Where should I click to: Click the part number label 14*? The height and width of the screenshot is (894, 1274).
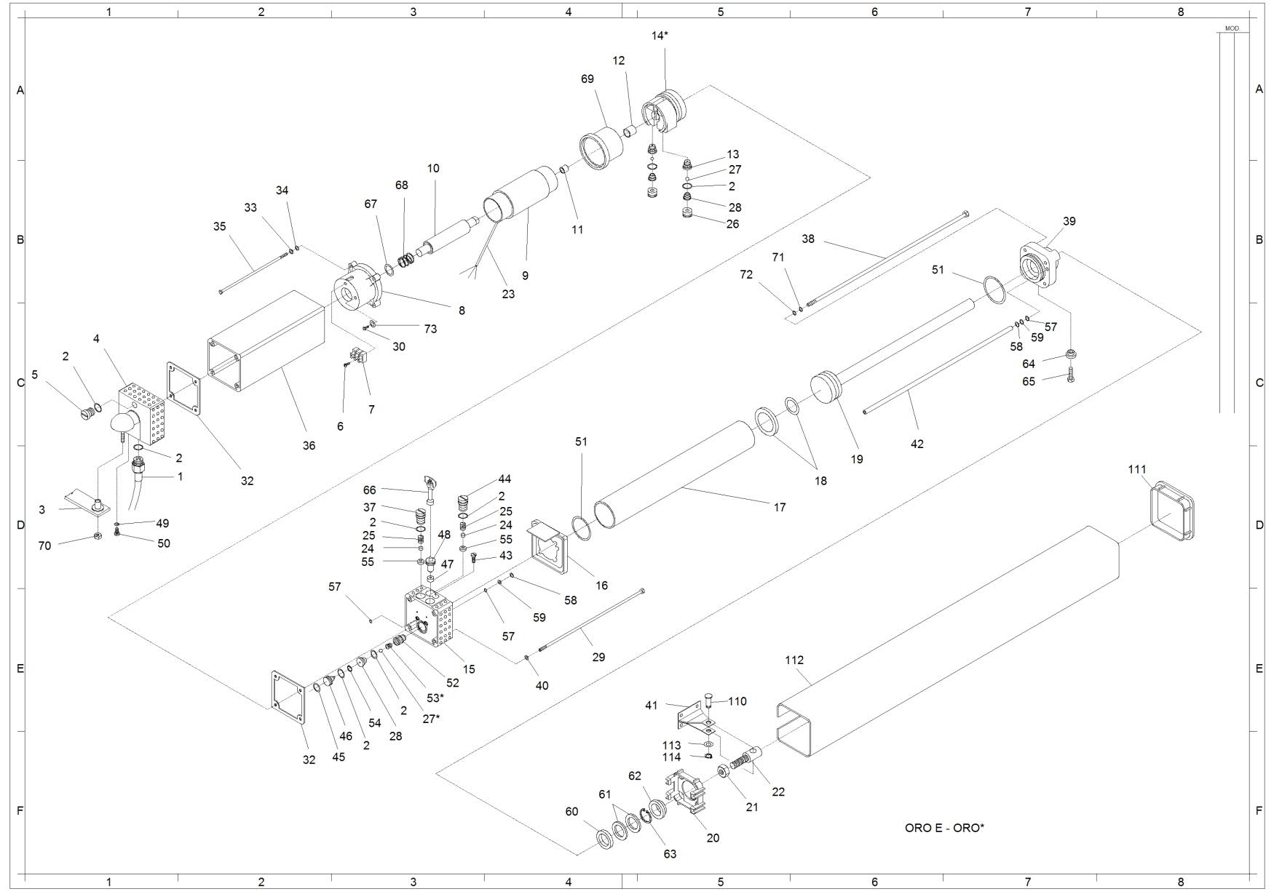point(659,35)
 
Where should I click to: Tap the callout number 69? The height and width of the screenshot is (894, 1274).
point(587,79)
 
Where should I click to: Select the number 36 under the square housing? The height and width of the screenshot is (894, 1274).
point(309,445)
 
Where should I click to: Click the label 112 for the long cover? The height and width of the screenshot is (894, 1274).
point(794,660)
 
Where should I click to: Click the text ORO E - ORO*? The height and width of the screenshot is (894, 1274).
point(944,828)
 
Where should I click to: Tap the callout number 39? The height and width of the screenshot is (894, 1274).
point(1069,221)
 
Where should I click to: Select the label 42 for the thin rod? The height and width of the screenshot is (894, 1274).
point(917,444)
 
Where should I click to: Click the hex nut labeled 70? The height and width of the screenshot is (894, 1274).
point(97,537)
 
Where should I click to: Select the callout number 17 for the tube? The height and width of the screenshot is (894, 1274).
point(780,507)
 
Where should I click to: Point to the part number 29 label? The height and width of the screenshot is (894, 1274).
point(598,657)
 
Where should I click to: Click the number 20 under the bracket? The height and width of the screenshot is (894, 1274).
point(713,838)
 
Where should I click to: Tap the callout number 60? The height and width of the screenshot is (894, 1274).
point(571,812)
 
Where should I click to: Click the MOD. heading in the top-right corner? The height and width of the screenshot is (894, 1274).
point(1232,28)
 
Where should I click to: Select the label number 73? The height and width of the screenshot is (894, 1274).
point(430,329)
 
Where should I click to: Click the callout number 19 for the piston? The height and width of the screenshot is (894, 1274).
point(857,459)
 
